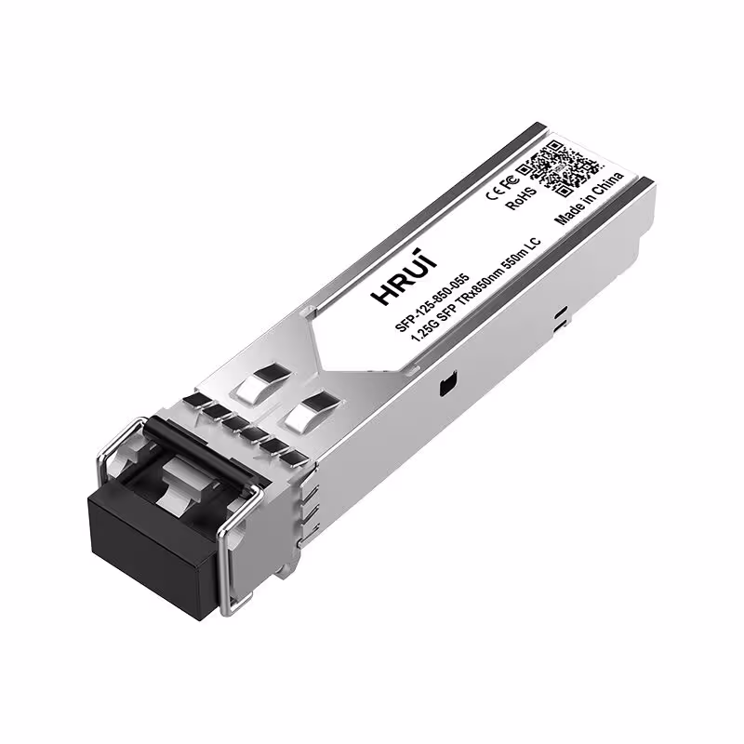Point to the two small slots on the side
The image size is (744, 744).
pyautogui.click(x=558, y=319)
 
